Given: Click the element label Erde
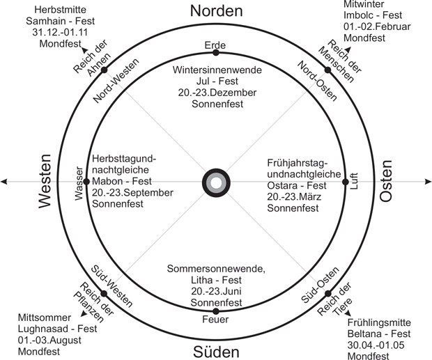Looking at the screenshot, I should (x=215, y=45).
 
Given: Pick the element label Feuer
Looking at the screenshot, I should (x=215, y=320).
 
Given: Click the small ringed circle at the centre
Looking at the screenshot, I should (x=215, y=183).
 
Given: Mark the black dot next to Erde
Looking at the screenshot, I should (x=215, y=53).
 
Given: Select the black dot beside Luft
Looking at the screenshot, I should (x=345, y=182).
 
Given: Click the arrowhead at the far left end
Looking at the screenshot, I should (x=5, y=182).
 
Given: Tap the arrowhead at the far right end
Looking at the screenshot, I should (x=426, y=182).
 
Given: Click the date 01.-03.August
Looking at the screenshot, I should (x=51, y=341).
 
